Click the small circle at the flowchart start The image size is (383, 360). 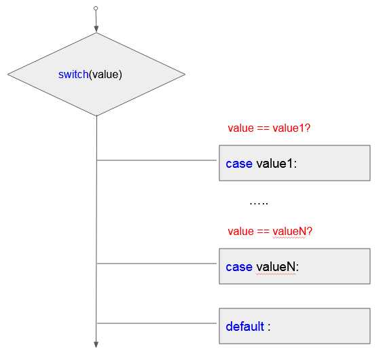[x=96, y=8]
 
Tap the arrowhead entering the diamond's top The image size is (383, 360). [x=96, y=29]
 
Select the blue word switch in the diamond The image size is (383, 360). [x=73, y=74]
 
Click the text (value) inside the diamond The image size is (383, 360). [x=105, y=75]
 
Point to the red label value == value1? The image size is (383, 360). [x=269, y=128]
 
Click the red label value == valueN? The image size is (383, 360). [x=270, y=231]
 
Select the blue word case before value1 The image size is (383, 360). [x=239, y=164]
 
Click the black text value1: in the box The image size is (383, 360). [x=276, y=164]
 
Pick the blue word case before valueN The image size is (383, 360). [x=239, y=267]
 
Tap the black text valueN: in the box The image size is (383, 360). [x=278, y=267]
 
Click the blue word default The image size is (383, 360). [x=244, y=326]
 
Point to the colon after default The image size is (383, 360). [x=269, y=327]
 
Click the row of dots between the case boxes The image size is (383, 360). [x=259, y=203]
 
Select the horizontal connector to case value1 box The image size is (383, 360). [x=157, y=160]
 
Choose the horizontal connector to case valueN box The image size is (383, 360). [x=157, y=264]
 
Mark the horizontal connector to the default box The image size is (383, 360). [x=157, y=323]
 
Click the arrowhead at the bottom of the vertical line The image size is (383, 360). [x=96, y=344]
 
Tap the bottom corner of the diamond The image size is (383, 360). [x=96, y=115]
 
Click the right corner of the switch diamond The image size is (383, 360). [x=185, y=74]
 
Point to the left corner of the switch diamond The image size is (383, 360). [x=8, y=74]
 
